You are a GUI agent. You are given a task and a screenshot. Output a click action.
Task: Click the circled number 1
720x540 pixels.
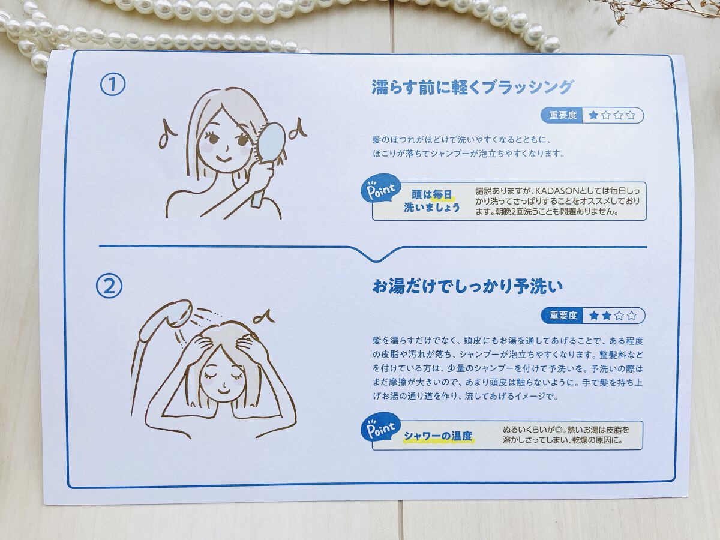(x=113, y=85)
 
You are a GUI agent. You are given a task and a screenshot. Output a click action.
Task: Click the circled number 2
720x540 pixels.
(x=109, y=286)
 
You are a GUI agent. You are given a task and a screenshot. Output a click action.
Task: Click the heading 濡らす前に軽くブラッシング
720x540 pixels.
(x=472, y=88)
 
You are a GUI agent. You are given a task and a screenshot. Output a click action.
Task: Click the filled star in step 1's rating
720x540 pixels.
(x=593, y=115)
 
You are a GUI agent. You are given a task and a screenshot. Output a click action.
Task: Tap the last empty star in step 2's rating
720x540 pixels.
(x=631, y=316)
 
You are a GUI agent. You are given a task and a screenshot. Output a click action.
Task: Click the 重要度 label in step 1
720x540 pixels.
(x=563, y=115)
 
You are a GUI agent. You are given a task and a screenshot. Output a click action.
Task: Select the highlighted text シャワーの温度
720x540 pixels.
(x=438, y=436)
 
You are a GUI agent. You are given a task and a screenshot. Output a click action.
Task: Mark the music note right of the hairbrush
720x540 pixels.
(x=297, y=128)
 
